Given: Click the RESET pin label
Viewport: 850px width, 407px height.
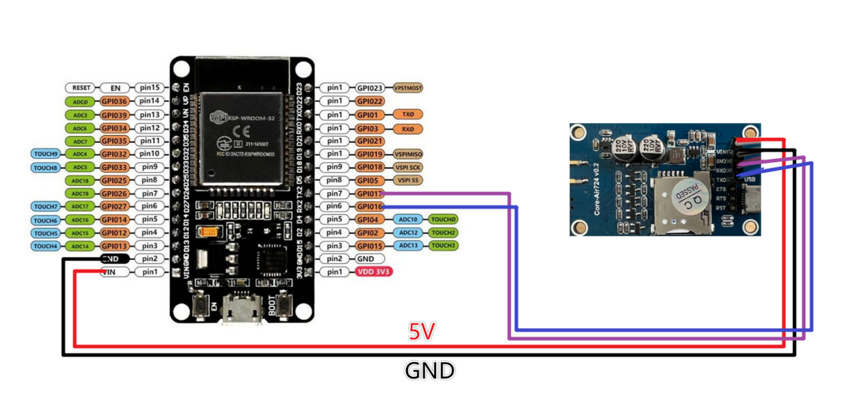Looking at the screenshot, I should pyautogui.click(x=81, y=88).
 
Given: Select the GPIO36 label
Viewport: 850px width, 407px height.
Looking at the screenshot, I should pyautogui.click(x=115, y=101).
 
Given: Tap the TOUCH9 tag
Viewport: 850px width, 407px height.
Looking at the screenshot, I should pyautogui.click(x=46, y=154).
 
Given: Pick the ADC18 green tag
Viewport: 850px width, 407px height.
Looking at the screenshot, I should pyautogui.click(x=81, y=180).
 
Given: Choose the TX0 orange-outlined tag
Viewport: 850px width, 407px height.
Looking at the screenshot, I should pyautogui.click(x=408, y=115).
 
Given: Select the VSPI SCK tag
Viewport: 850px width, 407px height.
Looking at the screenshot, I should pyautogui.click(x=409, y=167).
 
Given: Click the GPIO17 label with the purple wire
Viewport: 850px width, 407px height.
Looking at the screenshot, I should pyautogui.click(x=369, y=193).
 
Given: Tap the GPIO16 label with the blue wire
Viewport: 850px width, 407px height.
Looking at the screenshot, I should pyautogui.click(x=369, y=206).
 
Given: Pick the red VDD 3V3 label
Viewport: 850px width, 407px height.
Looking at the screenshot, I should pyautogui.click(x=374, y=272).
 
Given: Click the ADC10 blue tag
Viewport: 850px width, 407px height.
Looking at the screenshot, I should pyautogui.click(x=408, y=219).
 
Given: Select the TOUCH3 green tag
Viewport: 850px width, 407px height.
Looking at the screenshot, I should pyautogui.click(x=443, y=246).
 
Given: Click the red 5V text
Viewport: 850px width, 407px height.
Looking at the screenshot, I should pyautogui.click(x=421, y=332).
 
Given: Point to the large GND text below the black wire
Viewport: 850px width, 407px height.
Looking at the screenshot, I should pyautogui.click(x=430, y=370).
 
